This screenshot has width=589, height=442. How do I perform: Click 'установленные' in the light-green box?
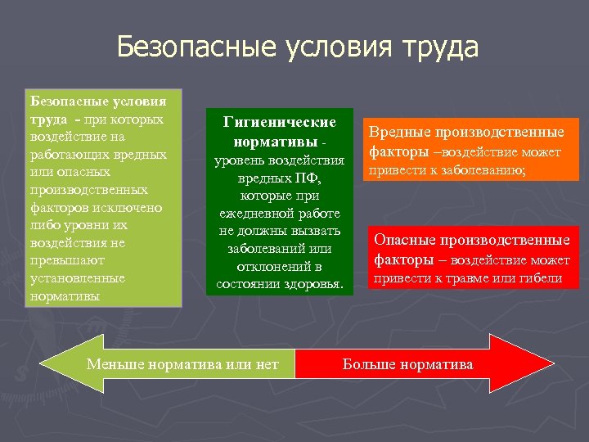[x=77, y=278]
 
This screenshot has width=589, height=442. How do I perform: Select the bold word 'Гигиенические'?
[x=280, y=122]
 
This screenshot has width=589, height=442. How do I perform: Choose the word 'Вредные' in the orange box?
[x=399, y=132]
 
